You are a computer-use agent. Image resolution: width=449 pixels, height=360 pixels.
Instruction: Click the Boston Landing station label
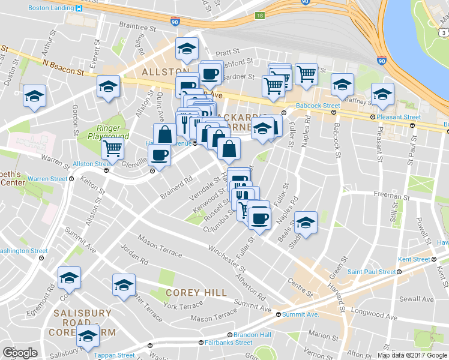coord(51,8)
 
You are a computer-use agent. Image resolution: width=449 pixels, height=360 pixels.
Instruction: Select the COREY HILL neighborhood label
coord(196,293)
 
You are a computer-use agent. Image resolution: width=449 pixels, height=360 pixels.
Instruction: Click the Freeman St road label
coord(391,196)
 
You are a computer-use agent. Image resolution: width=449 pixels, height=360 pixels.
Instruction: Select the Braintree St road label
coord(137,27)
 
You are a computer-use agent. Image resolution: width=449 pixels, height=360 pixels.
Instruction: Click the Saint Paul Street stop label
coord(372,272)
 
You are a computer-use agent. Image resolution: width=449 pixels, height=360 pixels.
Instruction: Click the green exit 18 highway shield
coord(259,16)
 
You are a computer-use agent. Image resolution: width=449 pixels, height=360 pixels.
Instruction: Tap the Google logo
coord(20,353)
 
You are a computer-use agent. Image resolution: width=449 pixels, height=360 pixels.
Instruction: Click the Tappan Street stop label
coord(113,355)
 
